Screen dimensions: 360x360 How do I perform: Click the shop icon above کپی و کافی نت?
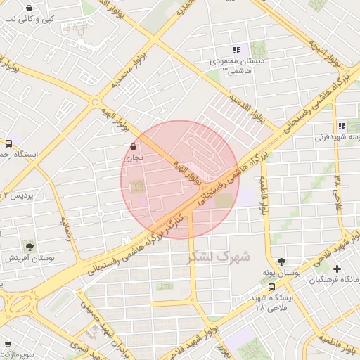(29, 8)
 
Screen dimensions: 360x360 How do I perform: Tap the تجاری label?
(133, 158)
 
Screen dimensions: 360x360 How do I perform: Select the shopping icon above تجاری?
(133, 146)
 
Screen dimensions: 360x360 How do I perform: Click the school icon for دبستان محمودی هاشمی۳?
(236, 50)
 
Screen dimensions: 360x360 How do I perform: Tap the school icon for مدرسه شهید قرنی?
(341, 127)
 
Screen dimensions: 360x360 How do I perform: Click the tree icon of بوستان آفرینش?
(30, 246)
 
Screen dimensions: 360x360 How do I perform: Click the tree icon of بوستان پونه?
(282, 260)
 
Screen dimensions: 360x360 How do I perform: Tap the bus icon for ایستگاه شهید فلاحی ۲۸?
(272, 287)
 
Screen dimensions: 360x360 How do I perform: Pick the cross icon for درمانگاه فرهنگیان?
(337, 269)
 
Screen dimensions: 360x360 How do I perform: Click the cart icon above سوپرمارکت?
(8, 345)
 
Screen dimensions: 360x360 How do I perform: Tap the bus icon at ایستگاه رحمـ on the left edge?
(8, 142)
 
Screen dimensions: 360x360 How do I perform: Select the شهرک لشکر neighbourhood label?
(219, 257)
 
